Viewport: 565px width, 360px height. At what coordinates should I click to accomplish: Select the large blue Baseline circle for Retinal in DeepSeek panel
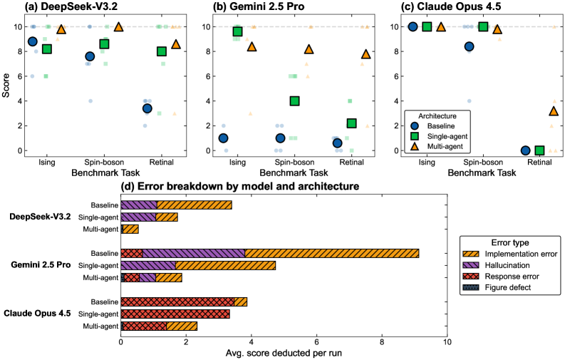[147, 108]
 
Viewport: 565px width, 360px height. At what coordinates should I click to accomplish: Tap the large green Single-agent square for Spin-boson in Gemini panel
[294, 101]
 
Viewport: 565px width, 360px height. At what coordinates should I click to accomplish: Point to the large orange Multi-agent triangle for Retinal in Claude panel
[554, 111]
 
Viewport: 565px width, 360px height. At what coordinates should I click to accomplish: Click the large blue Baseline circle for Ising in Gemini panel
[223, 138]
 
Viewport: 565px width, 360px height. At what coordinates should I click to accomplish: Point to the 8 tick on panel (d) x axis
[382, 341]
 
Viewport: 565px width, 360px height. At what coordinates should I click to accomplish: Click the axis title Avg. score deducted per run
[284, 353]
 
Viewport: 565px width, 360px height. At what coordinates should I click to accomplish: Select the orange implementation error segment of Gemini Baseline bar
[331, 253]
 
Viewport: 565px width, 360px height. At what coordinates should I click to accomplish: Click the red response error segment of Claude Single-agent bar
[175, 314]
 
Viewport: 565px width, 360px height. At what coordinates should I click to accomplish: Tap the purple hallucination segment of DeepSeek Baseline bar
[139, 205]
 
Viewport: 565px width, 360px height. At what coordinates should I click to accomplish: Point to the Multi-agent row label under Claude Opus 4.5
[100, 326]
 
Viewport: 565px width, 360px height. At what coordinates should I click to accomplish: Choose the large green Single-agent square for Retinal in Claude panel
[539, 150]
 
